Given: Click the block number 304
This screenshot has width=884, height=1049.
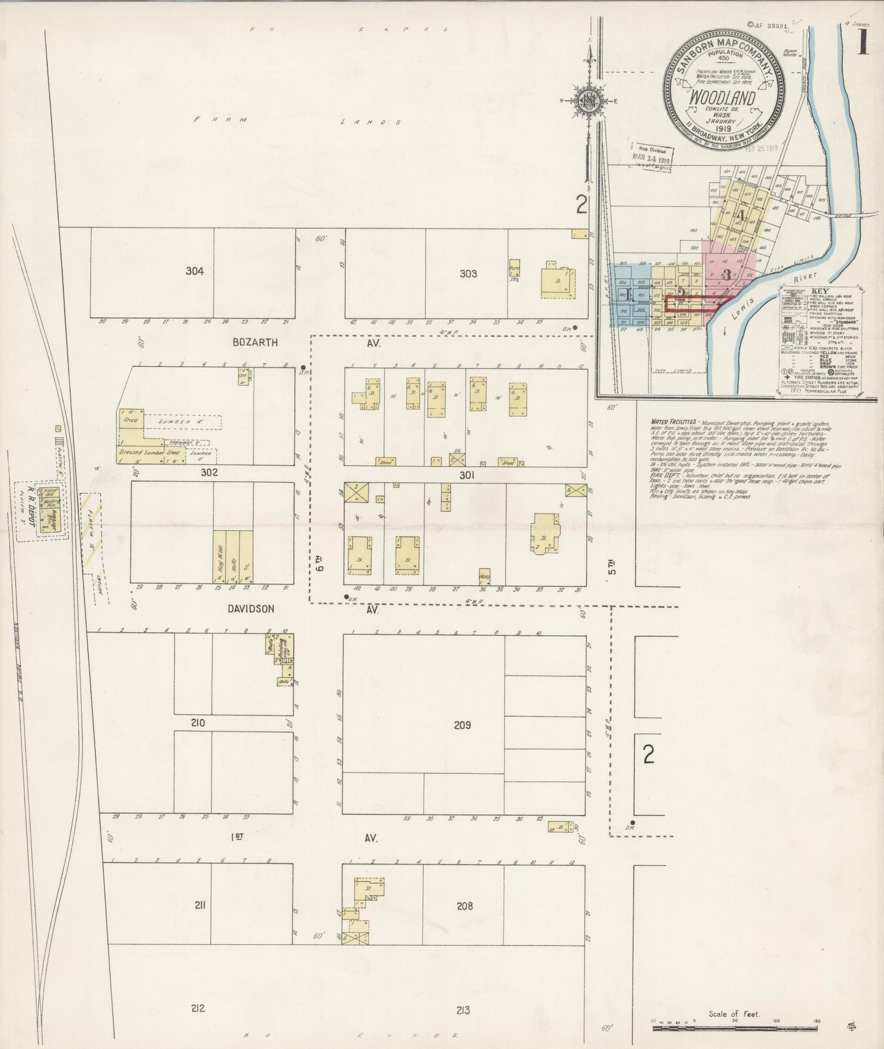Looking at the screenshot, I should (195, 271).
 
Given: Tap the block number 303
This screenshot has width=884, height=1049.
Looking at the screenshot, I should (468, 274).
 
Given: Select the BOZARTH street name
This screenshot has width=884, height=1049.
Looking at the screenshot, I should (256, 343).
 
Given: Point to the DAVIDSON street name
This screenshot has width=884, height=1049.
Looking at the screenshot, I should (251, 609).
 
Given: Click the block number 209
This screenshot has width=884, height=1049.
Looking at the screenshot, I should (462, 725).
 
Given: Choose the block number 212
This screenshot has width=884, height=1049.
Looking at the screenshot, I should (197, 1009).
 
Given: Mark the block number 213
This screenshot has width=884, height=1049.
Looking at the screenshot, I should (463, 1010).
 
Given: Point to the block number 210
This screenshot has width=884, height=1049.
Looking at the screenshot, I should (197, 723).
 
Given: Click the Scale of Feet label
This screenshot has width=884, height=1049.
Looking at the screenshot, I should (734, 1014).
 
